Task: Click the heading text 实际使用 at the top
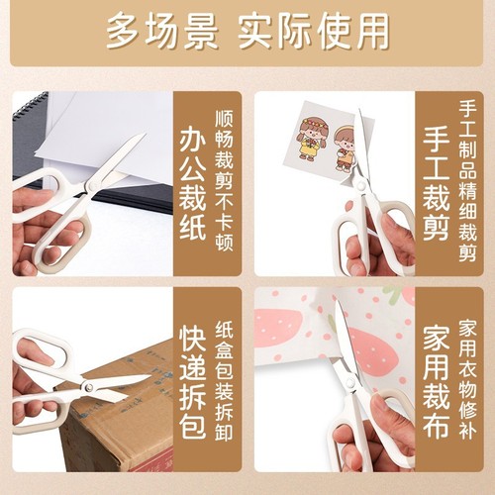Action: point(314,32)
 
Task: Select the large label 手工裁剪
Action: point(439,184)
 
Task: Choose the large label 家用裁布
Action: point(439,379)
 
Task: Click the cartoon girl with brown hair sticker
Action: point(312,139)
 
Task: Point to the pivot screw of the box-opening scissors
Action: point(86,388)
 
